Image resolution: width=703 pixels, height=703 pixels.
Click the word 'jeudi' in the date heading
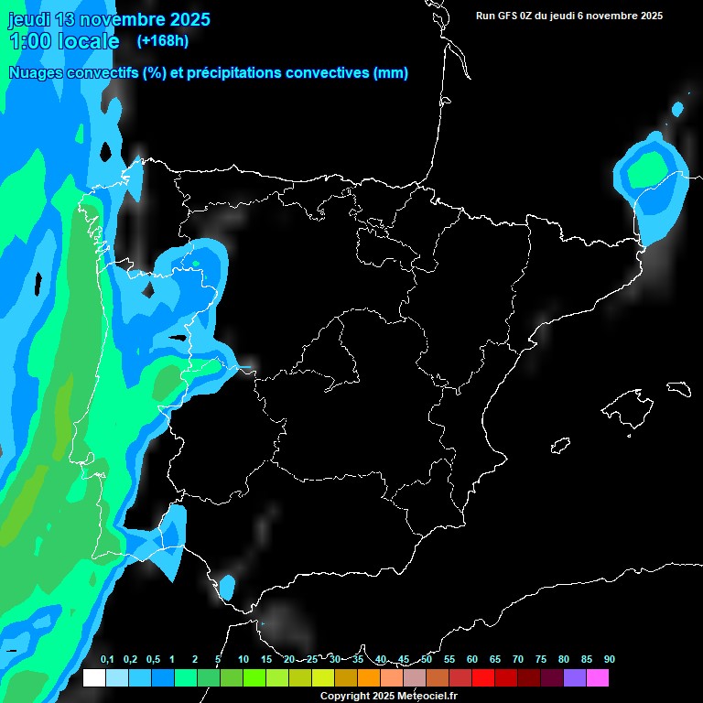[28, 19]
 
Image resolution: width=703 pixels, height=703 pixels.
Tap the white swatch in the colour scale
[93, 678]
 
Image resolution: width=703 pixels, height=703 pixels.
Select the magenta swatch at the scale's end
[598, 678]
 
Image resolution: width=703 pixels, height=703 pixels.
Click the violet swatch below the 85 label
[575, 678]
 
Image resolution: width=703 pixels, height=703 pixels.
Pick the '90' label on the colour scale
[609, 659]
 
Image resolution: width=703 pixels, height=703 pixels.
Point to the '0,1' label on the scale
[107, 659]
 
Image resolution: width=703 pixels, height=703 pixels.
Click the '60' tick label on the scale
[472, 659]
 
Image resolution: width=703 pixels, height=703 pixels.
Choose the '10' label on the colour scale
[243, 659]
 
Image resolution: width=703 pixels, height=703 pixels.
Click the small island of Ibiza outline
[560, 446]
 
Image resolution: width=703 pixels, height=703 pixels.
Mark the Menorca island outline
[678, 388]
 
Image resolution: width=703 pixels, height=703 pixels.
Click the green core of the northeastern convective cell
[647, 168]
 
